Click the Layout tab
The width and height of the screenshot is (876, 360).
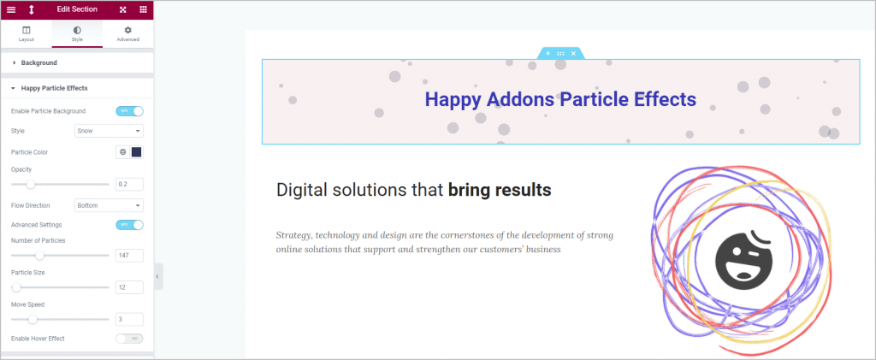[x=26, y=33]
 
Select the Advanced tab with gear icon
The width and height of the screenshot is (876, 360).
[x=127, y=33]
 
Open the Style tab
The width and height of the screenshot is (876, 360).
[x=77, y=33]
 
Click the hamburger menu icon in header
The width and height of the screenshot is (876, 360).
[x=11, y=9]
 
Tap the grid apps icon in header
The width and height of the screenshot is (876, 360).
[x=143, y=9]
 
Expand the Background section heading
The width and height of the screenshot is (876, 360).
[x=38, y=62]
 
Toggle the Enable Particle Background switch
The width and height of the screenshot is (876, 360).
[x=129, y=111]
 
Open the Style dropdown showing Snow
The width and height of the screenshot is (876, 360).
[x=108, y=131]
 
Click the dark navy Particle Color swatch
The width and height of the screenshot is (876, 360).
[x=136, y=152]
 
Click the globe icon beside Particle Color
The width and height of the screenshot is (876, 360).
[x=122, y=152]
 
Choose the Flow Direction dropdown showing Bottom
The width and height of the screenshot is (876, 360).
[x=108, y=205]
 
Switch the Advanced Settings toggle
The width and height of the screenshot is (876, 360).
[x=129, y=225]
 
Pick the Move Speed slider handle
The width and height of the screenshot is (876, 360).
[x=33, y=319]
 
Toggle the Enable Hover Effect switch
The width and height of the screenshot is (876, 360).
[x=129, y=339]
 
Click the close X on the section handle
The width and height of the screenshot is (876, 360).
[x=573, y=53]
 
